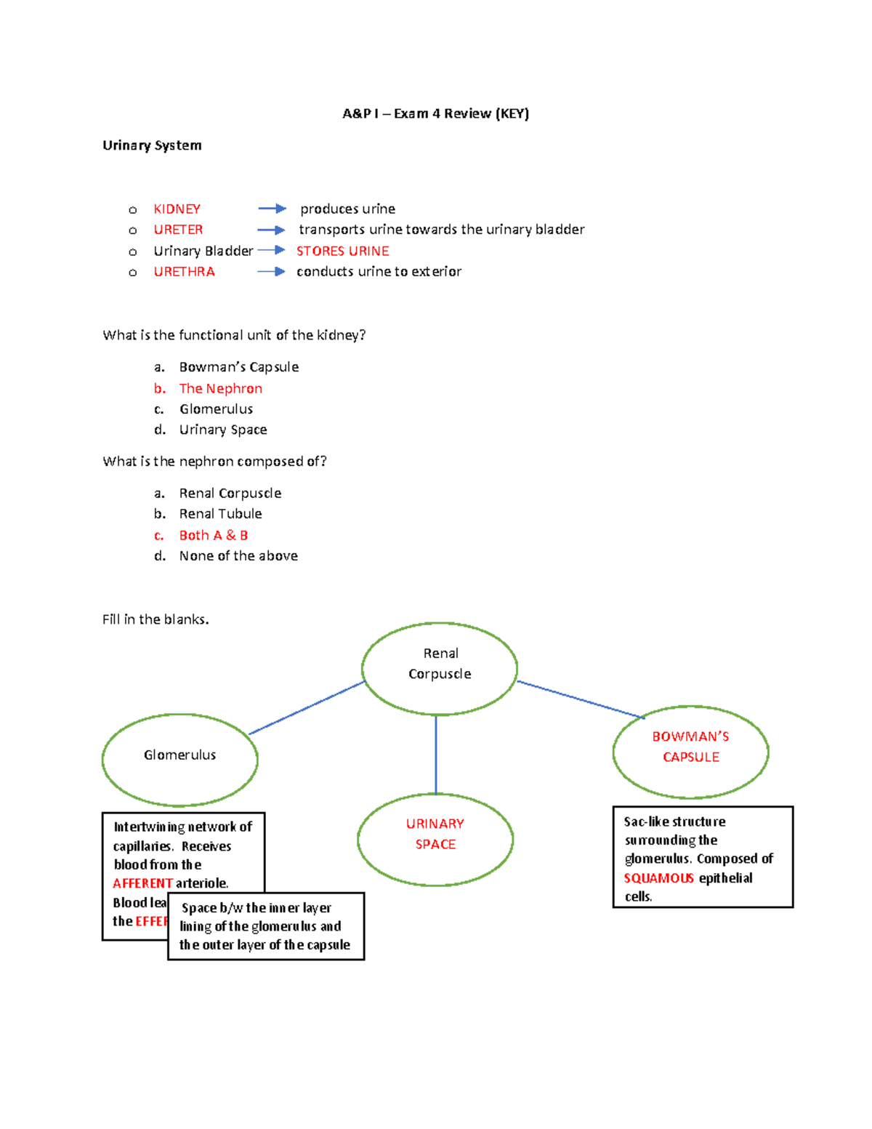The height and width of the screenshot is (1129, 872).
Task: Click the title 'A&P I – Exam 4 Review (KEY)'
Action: coord(435,113)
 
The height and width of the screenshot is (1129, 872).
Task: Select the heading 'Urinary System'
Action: coord(152,145)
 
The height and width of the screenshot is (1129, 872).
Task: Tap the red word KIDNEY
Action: coord(177,209)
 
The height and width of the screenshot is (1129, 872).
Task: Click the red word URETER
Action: coord(178,230)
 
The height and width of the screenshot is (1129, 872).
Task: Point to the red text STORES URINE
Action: coord(342,251)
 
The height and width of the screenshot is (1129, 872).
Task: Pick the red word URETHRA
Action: coord(184,272)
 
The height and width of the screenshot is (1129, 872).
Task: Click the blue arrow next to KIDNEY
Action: coord(272,209)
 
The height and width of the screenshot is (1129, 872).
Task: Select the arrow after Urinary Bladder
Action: coord(271,250)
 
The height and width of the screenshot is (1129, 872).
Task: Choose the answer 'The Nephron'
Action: coord(220,389)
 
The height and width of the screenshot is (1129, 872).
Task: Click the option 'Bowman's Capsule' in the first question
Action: coord(238,367)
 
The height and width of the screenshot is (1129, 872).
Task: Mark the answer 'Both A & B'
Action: coord(213,536)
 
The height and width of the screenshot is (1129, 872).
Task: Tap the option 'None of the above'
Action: coord(238,556)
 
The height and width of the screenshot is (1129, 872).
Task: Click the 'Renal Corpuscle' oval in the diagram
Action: coord(440,664)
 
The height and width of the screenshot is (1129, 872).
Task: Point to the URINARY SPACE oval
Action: coord(435,835)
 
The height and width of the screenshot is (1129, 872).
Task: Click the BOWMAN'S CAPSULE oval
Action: coord(690,747)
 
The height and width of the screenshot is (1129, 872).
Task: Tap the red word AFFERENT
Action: coord(142,883)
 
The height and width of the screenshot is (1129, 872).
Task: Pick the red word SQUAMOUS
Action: coord(658,878)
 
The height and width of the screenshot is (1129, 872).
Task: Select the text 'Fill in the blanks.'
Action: coord(156,619)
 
